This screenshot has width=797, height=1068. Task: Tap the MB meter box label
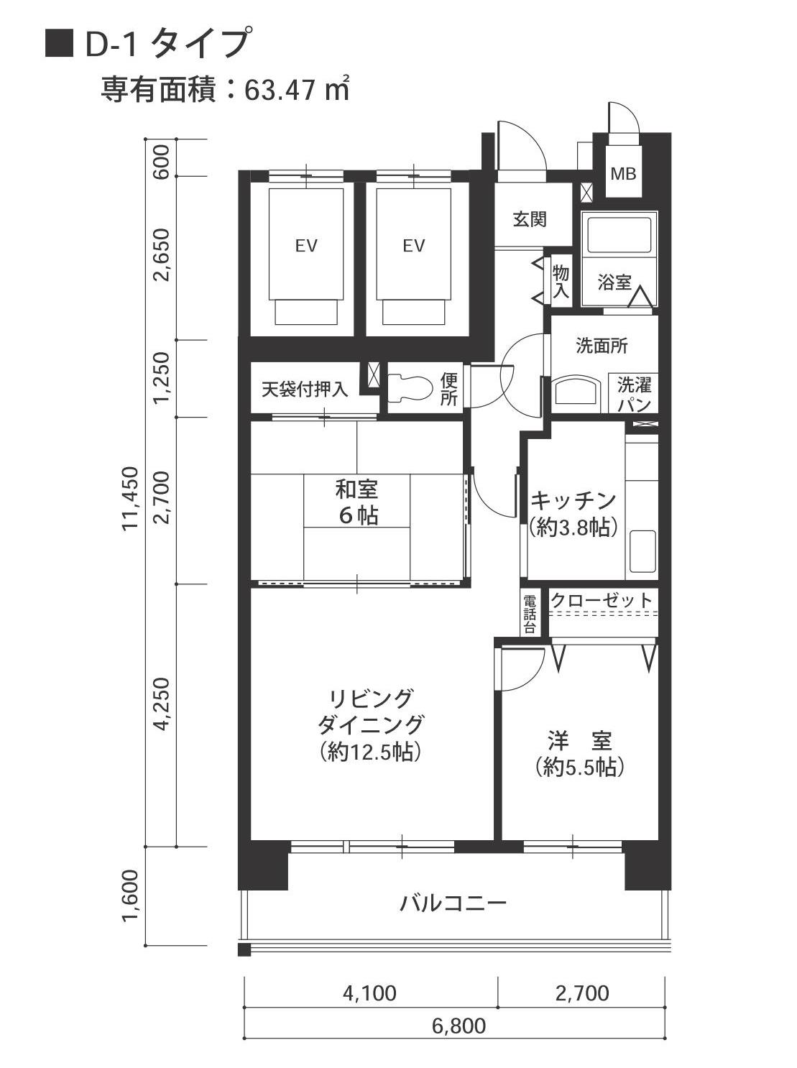pyautogui.click(x=623, y=173)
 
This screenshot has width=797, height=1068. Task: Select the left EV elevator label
pyautogui.click(x=306, y=246)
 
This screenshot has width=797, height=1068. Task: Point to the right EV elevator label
pyautogui.click(x=413, y=246)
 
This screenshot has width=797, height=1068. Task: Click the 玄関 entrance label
pyautogui.click(x=529, y=219)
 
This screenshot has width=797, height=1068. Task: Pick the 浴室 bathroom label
pyautogui.click(x=614, y=282)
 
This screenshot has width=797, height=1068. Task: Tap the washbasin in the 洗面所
pyautogui.click(x=576, y=393)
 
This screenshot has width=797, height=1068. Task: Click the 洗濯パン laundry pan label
pyautogui.click(x=634, y=394)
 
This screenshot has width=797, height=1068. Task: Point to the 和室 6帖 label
pyautogui.click(x=357, y=502)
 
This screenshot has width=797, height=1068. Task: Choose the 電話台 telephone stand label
pyautogui.click(x=530, y=613)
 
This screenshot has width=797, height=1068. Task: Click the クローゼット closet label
pyautogui.click(x=602, y=599)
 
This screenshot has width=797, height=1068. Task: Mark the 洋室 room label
pyautogui.click(x=579, y=753)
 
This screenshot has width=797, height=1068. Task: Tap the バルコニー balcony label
pyautogui.click(x=453, y=903)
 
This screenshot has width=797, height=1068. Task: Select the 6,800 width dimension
pyautogui.click(x=459, y=1026)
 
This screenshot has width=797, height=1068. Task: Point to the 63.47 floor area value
pyautogui.click(x=281, y=91)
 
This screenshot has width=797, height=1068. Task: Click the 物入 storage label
pyautogui.click(x=561, y=281)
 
